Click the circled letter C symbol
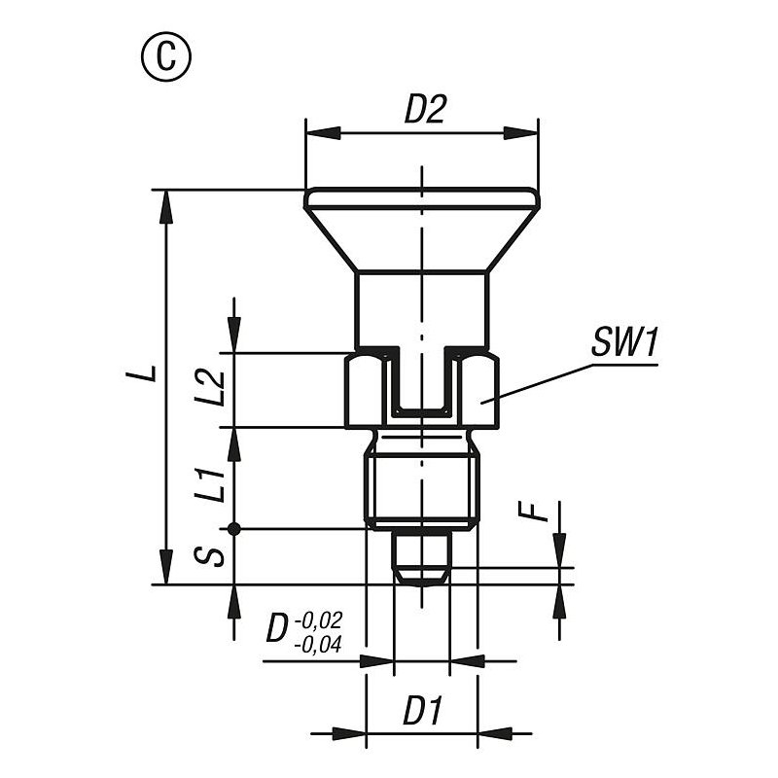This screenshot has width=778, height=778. (x=166, y=56)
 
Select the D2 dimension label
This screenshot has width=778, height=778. (x=425, y=110)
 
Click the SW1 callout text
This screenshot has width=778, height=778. (x=624, y=342)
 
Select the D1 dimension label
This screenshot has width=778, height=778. (x=422, y=711)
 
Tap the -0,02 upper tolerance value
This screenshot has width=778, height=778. (x=318, y=620)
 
